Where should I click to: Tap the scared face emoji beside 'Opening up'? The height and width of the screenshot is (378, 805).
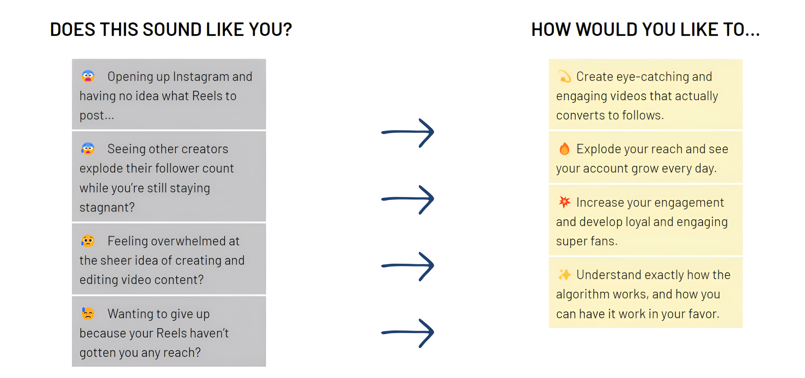coord(88,76)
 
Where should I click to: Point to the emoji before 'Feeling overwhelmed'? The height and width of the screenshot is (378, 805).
coord(88,241)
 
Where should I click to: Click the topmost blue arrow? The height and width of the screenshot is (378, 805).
coord(408,132)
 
